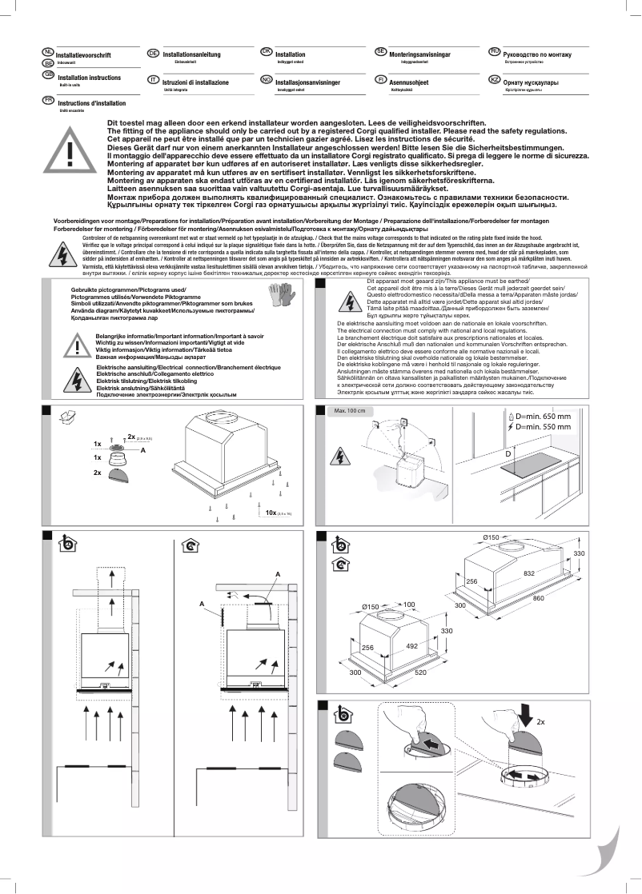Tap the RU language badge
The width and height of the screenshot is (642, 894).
tap(494, 52)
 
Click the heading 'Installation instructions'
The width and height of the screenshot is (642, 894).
tap(89, 78)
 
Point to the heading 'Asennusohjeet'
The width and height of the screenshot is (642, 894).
tap(409, 82)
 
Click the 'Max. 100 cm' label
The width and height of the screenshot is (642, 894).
tap(349, 411)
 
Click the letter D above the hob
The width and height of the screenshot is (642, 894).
tap(508, 453)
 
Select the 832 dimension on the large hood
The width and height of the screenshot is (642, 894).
tap(529, 573)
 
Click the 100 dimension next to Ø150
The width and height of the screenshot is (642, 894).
tap(409, 605)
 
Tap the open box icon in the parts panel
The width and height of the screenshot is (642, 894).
tap(70, 416)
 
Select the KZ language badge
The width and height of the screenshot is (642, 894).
tap(494, 81)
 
